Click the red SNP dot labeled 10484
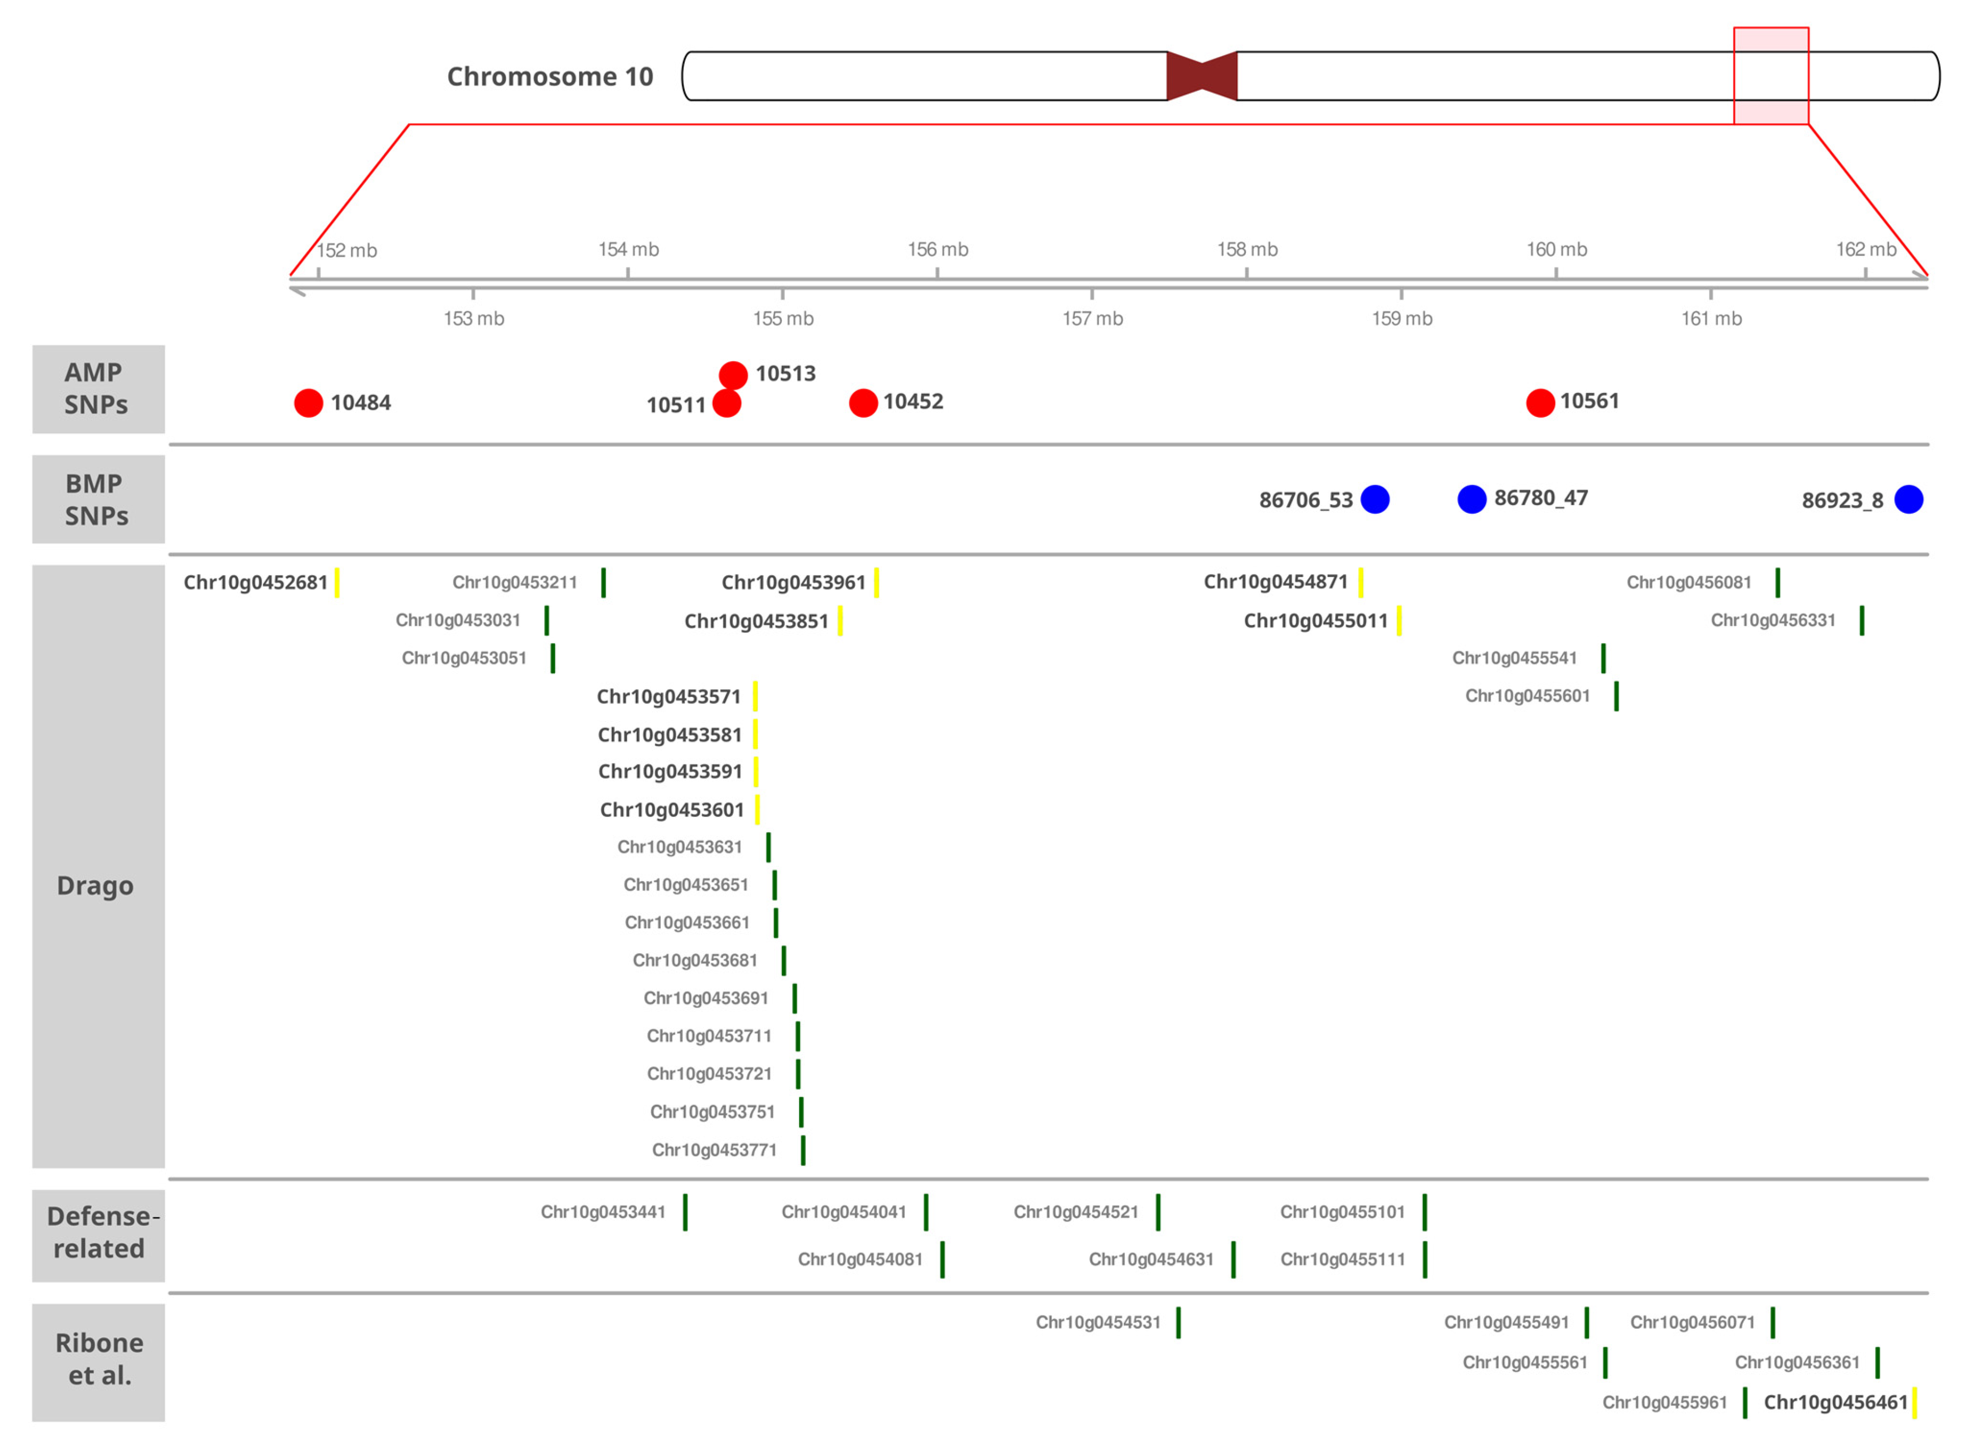pyautogui.click(x=308, y=403)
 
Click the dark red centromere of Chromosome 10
pyautogui.click(x=1201, y=76)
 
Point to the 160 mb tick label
pyautogui.click(x=1556, y=250)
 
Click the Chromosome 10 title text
pyautogui.click(x=550, y=77)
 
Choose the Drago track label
pyautogui.click(x=96, y=885)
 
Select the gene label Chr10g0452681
pyautogui.click(x=255, y=582)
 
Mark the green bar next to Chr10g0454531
pyautogui.click(x=1178, y=1323)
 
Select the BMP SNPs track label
pyautogui.click(x=96, y=499)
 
